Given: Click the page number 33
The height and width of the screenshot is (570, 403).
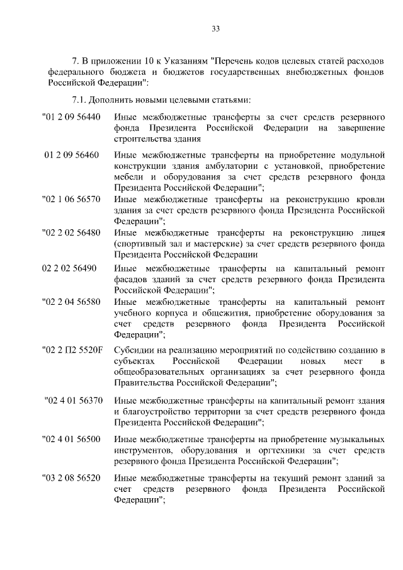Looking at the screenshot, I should [215, 28].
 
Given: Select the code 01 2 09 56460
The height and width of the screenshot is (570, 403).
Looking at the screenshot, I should [71, 155].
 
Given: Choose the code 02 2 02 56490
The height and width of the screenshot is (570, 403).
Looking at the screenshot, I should [69, 268].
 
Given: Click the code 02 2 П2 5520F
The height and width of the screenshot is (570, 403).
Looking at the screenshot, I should [72, 350].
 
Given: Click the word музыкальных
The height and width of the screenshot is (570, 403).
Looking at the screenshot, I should [357, 438].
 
